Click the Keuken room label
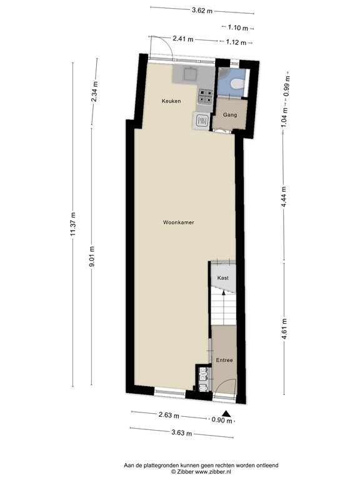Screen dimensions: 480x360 click(x=171, y=101)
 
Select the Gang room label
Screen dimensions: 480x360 click(x=225, y=115)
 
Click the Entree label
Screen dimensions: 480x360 click(x=224, y=360)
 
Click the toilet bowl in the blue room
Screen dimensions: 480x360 click(x=235, y=84)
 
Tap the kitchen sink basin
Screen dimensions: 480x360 click(x=187, y=75)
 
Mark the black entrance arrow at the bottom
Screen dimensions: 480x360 click(x=227, y=414)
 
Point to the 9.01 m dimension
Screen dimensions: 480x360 click(x=92, y=256)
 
